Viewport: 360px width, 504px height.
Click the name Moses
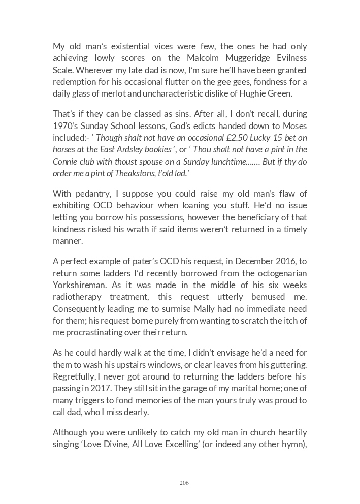294,125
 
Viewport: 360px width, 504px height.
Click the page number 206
184,483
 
